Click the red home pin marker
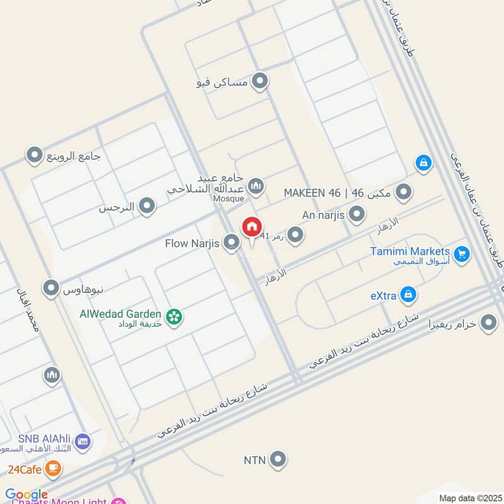coord(251,227)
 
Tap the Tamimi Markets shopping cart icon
coord(462,254)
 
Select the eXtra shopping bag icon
coord(409,294)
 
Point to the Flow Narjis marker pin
coord(232,241)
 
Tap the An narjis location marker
coord(357,214)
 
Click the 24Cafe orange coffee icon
coord(53,468)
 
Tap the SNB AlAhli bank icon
coord(83,442)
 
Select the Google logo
coord(26,495)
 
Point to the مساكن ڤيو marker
coord(259,82)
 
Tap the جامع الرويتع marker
coord(34,155)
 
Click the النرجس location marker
coord(147,206)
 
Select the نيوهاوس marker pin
coord(50,289)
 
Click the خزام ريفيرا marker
coord(488,324)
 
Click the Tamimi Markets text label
coord(409,251)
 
